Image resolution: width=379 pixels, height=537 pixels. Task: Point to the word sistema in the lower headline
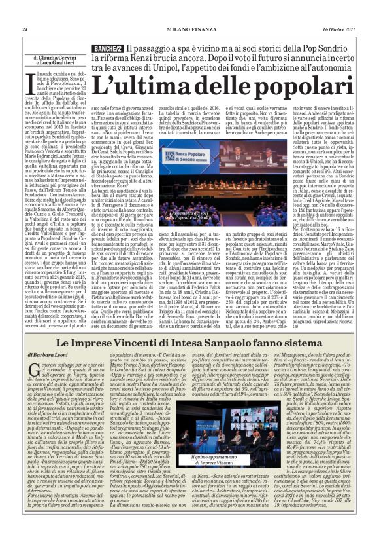[x=303, y=342]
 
